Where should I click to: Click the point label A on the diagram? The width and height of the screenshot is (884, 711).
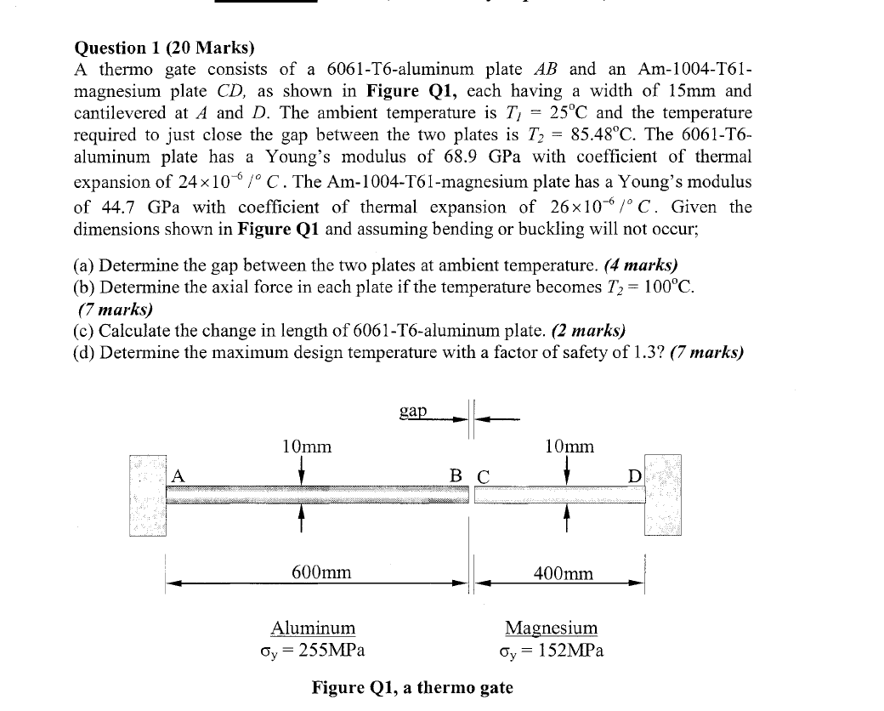178,476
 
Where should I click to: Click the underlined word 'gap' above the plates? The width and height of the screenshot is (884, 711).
413,412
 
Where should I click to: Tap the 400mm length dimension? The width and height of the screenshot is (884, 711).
564,573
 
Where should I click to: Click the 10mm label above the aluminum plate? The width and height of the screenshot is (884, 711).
306,447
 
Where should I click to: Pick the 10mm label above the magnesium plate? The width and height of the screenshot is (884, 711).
569,447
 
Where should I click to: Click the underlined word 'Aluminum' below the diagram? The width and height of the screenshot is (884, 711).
313,629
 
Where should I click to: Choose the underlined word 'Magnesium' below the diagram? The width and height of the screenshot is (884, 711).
551,629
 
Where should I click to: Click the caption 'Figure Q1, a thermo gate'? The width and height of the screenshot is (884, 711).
412,686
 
